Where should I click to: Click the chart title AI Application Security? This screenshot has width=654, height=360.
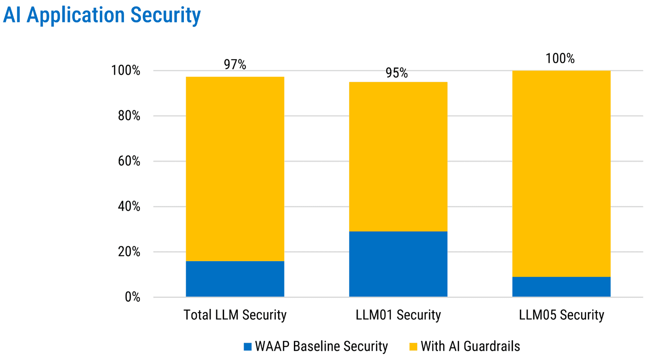(102, 15)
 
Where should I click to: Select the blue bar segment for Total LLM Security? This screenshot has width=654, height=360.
(235, 279)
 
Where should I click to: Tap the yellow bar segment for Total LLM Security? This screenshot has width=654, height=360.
(235, 169)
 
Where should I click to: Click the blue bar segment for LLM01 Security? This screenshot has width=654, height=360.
(398, 264)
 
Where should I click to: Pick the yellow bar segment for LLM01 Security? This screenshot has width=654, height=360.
(398, 157)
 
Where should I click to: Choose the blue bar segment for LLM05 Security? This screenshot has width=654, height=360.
(561, 287)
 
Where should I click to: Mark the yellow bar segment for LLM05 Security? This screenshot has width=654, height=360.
(561, 174)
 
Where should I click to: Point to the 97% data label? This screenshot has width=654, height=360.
(235, 65)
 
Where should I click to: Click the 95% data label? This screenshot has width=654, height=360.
(396, 73)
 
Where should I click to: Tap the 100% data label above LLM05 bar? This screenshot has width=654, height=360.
(560, 59)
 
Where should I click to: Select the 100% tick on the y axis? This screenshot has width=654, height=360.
(126, 71)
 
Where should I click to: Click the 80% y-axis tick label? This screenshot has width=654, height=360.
(129, 116)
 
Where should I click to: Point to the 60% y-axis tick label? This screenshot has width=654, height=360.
(129, 161)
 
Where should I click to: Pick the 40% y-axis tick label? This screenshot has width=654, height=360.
(129, 207)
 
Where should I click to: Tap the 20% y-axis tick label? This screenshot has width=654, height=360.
(129, 252)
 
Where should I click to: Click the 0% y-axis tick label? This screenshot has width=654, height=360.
(132, 297)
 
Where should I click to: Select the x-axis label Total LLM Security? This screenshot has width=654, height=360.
(235, 315)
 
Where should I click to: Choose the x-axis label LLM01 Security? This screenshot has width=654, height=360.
(398, 315)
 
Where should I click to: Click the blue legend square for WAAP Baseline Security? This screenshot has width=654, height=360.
(247, 347)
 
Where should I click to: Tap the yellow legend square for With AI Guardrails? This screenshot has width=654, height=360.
(413, 347)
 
